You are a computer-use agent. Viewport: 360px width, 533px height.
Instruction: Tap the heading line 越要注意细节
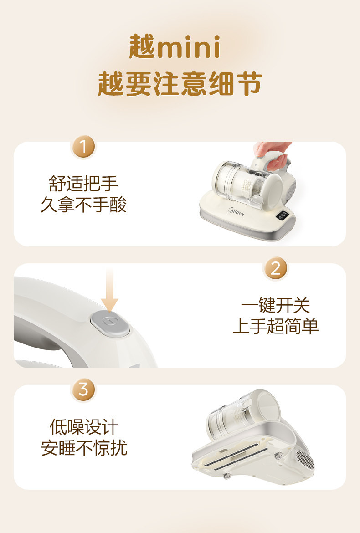180,84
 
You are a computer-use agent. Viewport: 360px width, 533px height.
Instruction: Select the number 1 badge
83,147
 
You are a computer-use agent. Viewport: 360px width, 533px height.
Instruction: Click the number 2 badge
275,268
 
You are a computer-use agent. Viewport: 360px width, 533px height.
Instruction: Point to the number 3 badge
83,389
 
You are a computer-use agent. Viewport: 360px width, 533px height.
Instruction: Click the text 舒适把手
83,184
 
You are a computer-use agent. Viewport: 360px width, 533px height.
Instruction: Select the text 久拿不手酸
84,205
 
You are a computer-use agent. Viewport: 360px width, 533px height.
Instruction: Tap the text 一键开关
275,305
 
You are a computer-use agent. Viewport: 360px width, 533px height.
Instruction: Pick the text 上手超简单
276,326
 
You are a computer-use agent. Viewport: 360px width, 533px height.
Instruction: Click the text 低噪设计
84,427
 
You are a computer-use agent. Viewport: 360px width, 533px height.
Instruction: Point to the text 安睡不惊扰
84,448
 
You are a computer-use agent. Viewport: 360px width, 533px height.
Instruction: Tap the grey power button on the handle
110,323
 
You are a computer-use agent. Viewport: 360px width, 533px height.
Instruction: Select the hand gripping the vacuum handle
273,155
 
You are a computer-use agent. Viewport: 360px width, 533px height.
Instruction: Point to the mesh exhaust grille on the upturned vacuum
305,460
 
